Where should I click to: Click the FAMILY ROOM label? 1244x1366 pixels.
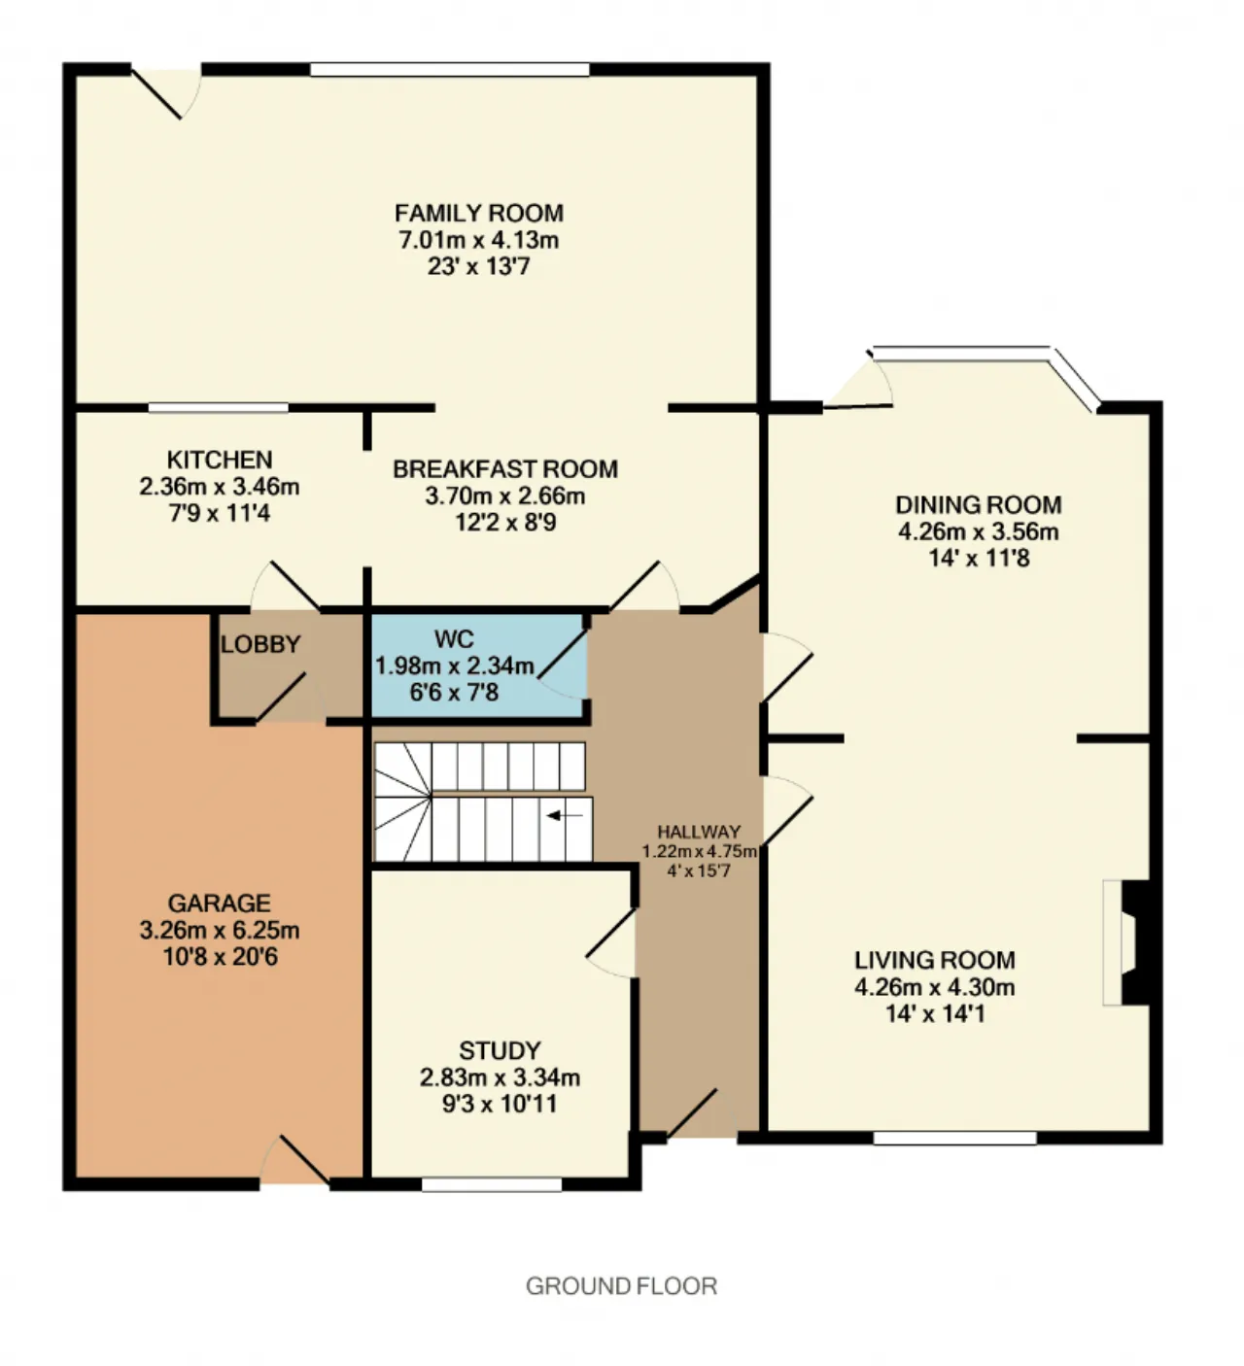479,213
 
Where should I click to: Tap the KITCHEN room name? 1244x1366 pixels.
220,460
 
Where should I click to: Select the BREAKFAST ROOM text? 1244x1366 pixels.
505,469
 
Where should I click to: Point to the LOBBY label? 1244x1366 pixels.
260,644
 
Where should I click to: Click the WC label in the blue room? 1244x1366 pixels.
454,638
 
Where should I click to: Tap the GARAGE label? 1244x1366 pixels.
220,903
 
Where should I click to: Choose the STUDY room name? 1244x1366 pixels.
501,1050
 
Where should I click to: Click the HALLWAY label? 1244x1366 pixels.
699,832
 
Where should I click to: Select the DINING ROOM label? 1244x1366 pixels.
979,504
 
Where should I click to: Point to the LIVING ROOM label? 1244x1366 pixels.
935,960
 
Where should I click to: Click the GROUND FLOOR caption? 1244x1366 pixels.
621,1286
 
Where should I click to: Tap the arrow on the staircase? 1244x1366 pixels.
565,815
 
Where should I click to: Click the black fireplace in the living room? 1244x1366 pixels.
1136,943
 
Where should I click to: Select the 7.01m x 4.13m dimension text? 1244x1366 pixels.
479,240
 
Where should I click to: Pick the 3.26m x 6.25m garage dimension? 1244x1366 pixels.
220,930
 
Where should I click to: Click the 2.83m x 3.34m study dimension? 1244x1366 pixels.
501,1077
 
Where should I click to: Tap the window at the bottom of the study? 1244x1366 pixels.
492,1185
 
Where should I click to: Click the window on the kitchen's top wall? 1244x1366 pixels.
219,408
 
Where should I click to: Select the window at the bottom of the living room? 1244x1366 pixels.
955,1138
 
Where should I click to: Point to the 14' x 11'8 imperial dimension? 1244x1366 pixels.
979,559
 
